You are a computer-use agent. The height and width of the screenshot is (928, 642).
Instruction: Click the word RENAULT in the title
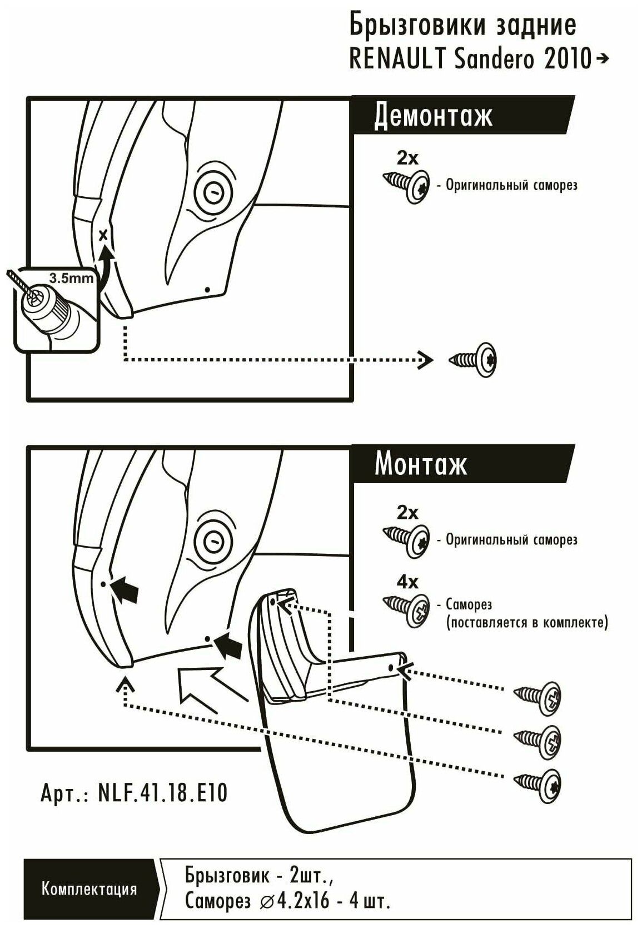pos(396,58)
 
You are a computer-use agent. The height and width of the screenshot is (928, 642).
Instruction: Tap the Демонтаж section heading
pos(434,116)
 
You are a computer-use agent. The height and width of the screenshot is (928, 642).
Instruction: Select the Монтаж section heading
pos(421,464)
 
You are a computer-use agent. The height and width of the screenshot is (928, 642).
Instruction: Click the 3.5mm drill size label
pos(71,277)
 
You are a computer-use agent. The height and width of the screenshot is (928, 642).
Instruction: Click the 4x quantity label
pos(407,582)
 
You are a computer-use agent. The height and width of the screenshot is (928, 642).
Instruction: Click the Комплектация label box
pos(89,889)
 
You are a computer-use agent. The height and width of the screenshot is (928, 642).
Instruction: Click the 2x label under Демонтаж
pos(407,158)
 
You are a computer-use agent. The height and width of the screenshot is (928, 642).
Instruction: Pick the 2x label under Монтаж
pos(407,512)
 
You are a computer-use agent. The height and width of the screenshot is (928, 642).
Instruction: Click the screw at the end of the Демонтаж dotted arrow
pos(474,359)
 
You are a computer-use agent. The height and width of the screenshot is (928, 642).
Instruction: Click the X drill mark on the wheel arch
pos(103,235)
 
